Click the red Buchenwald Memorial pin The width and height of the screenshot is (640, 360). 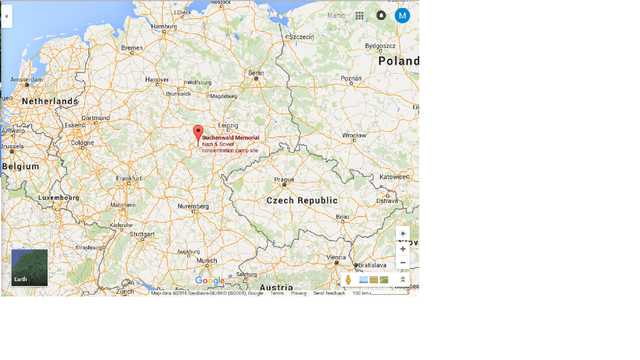click(198, 133)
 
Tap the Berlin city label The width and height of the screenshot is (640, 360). click(256, 73)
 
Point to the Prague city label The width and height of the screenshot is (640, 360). click(285, 181)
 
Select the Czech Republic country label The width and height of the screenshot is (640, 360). click(302, 200)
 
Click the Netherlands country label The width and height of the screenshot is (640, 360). click(50, 102)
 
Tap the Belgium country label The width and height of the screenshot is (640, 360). click(21, 166)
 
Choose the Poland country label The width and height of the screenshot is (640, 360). click(398, 61)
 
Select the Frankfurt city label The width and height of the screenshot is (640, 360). click(129, 178)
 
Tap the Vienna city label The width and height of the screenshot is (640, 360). click(336, 257)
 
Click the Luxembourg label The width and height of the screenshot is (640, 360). click(58, 198)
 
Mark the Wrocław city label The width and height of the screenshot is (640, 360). click(354, 135)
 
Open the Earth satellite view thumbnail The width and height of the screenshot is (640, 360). click(29, 267)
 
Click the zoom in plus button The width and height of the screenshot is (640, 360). click(403, 249)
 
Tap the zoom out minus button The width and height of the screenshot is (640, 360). click(403, 263)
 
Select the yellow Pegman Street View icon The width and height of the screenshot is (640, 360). click(348, 280)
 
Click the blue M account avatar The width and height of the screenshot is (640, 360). click(402, 16)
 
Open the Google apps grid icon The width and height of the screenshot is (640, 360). click(360, 16)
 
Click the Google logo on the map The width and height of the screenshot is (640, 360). click(210, 281)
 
